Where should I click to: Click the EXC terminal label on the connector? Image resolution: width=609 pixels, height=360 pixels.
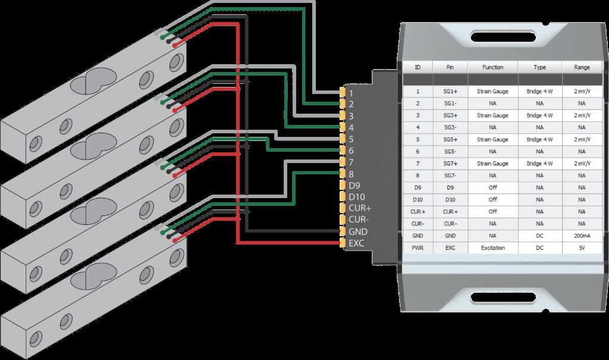click(x=356, y=243)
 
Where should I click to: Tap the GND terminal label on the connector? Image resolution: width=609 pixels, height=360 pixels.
click(x=357, y=231)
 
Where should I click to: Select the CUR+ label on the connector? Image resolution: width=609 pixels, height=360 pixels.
click(x=360, y=208)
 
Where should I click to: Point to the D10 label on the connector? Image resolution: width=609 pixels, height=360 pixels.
click(x=357, y=197)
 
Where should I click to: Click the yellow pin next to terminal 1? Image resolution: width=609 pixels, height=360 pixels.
click(x=343, y=92)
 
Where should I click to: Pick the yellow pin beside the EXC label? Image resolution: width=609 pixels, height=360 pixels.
click(x=343, y=243)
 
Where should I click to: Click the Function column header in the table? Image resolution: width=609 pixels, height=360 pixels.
click(x=492, y=67)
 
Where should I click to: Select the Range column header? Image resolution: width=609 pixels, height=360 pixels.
click(x=582, y=67)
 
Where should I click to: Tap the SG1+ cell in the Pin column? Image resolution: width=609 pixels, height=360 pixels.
click(x=450, y=92)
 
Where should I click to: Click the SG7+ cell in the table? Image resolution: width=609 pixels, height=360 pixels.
click(x=450, y=164)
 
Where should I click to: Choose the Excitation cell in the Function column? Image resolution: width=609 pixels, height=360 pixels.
click(x=492, y=248)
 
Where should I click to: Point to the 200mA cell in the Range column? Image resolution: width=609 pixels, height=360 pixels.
click(x=582, y=236)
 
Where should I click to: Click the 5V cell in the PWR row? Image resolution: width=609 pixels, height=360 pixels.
click(x=582, y=248)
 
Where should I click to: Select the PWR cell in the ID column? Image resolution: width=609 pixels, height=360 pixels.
click(x=417, y=248)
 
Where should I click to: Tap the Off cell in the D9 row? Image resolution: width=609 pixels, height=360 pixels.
click(x=492, y=187)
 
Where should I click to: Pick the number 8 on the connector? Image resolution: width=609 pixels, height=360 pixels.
click(x=351, y=174)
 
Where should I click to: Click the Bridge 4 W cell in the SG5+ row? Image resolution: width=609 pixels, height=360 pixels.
click(x=539, y=140)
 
